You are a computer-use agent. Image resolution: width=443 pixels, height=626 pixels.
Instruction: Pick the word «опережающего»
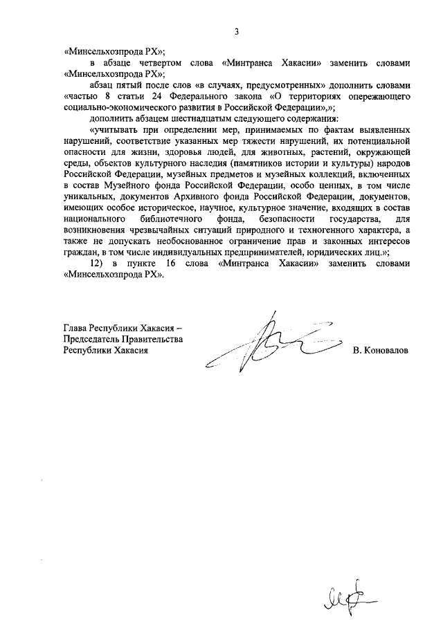[x=378, y=97]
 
